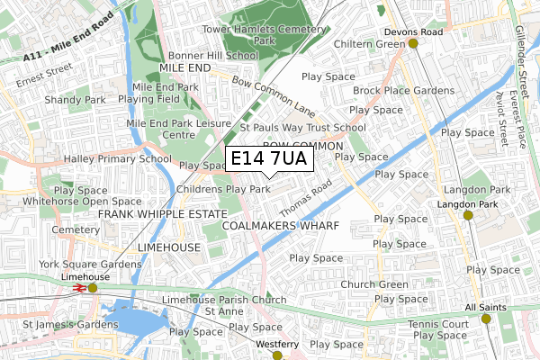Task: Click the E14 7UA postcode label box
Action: tap(268, 159)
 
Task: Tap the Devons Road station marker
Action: tap(413, 43)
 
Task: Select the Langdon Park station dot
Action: tap(467, 215)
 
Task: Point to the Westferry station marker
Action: tap(276, 355)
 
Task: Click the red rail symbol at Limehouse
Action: tap(78, 288)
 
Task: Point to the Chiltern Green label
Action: tap(368, 43)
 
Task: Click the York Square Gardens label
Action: tap(90, 265)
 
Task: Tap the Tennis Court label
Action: tap(436, 324)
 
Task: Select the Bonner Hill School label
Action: tap(205, 55)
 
